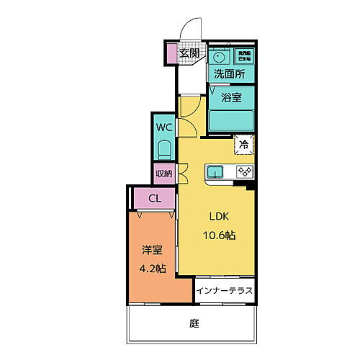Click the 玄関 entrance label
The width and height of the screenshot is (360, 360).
coord(189,53)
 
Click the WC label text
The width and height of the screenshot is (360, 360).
coord(164,128)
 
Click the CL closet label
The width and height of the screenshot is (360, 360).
coord(154,198)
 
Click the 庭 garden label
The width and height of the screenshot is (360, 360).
coord(194,324)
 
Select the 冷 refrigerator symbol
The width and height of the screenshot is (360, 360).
coord(244,145)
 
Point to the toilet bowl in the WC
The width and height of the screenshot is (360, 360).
coord(164,150)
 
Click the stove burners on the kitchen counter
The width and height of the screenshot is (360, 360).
coord(243,172)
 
